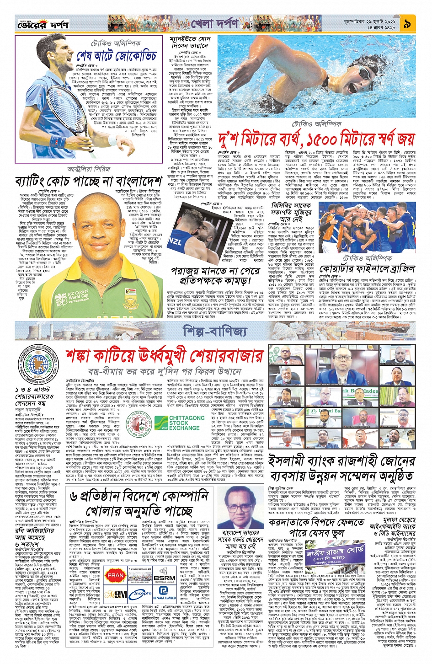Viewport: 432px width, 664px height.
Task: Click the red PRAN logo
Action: pyautogui.click(x=115, y=575)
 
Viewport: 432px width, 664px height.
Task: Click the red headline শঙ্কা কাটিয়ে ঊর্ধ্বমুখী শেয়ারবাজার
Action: pyautogui.click(x=164, y=355)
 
